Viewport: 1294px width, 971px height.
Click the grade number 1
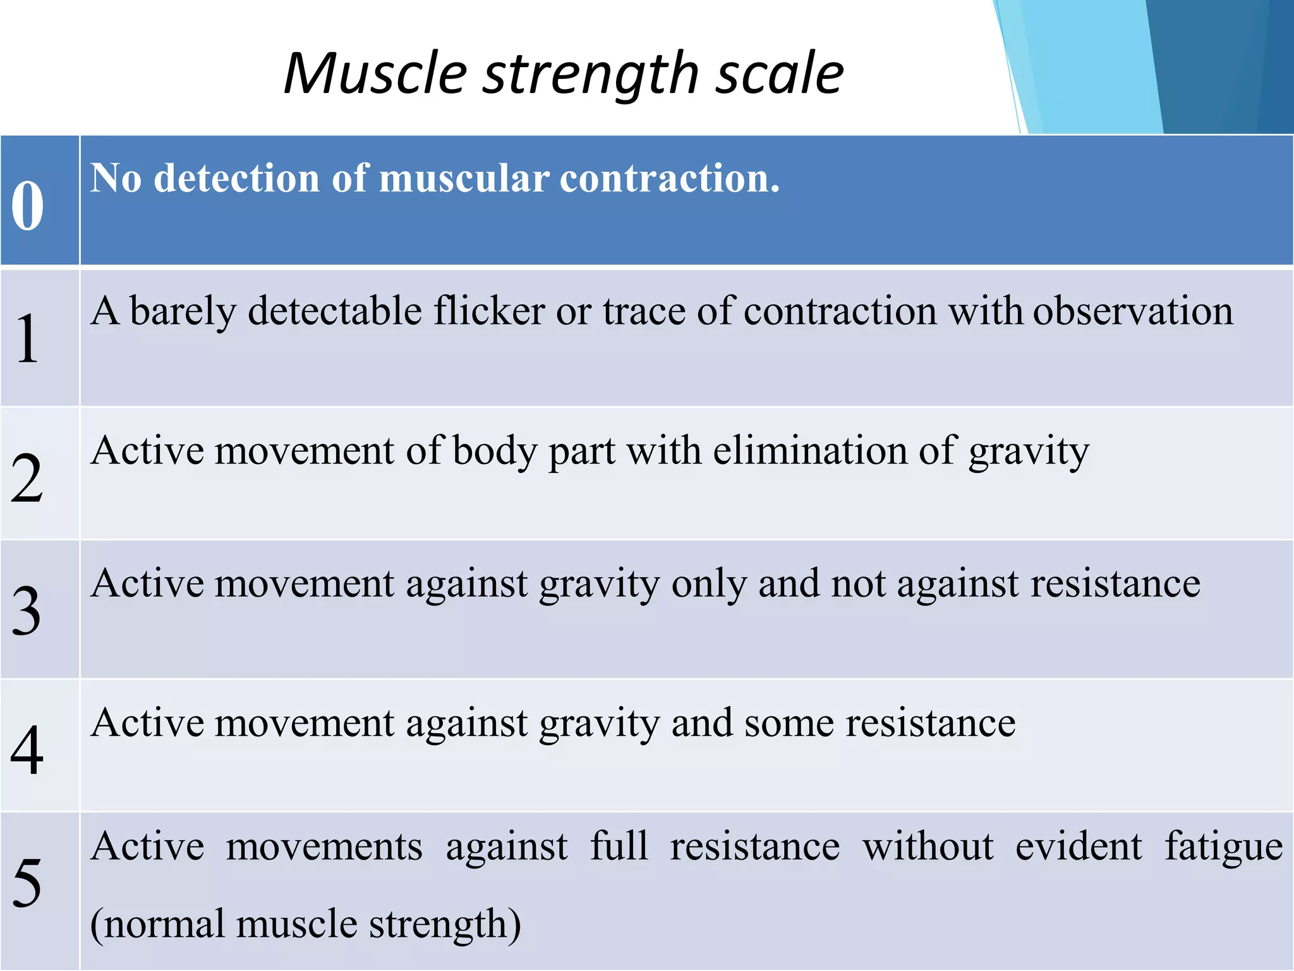[27, 339]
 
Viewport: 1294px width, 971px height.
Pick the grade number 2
[27, 479]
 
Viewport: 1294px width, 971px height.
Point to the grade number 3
[27, 611]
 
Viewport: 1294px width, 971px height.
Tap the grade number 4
[27, 750]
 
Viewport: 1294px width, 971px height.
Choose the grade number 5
[27, 883]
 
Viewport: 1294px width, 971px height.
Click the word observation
[1132, 312]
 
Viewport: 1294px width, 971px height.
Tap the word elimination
[811, 451]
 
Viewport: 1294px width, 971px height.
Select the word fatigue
[1223, 847]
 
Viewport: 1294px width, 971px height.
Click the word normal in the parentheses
[163, 924]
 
